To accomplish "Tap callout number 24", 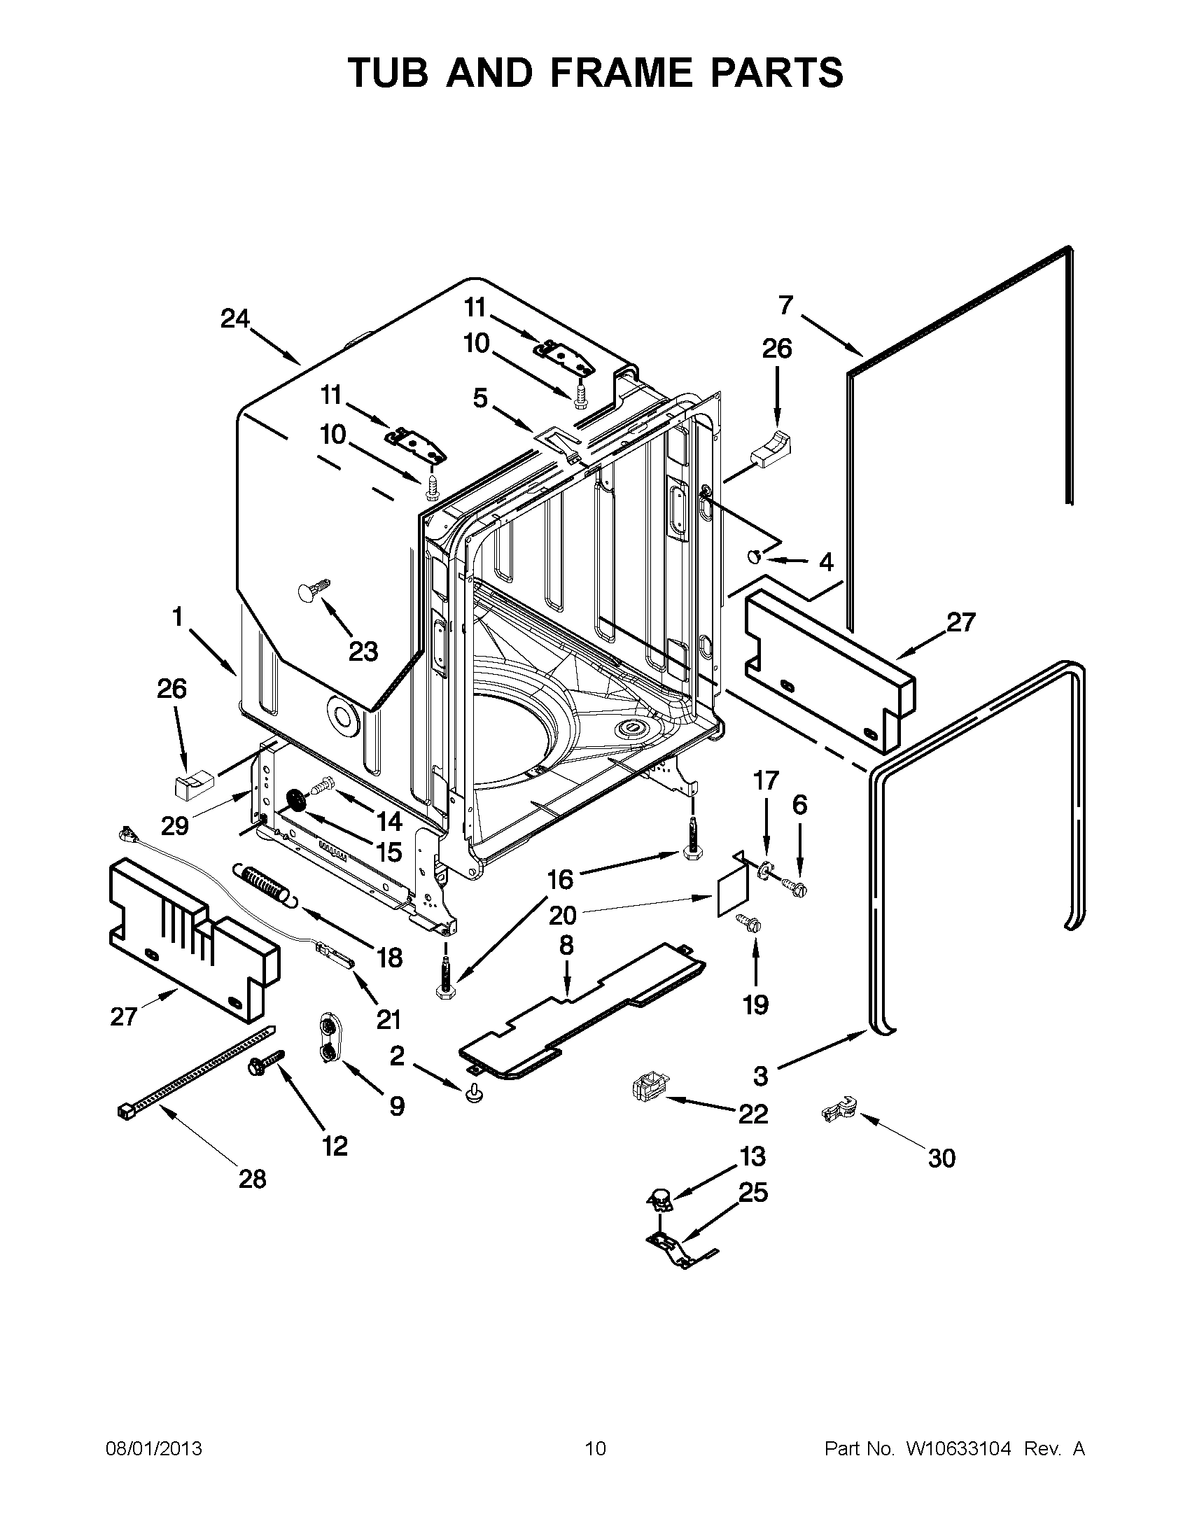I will pos(234,318).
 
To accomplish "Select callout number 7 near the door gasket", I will pos(785,305).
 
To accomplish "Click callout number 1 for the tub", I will pos(177,617).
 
